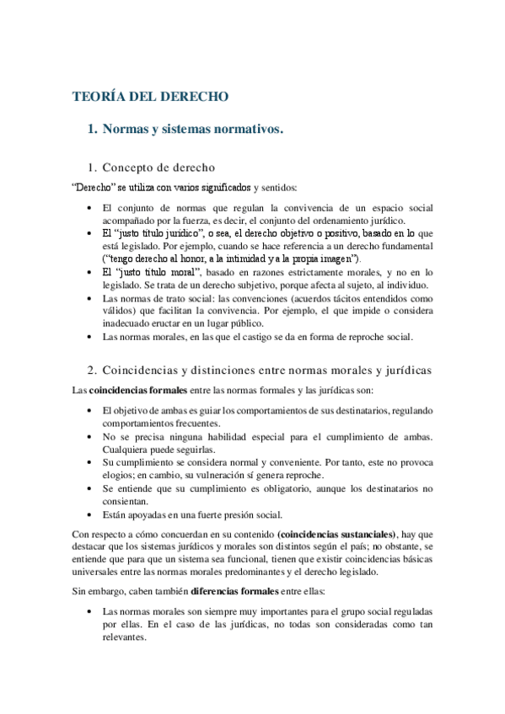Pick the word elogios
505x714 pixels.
pyautogui.click(x=120, y=475)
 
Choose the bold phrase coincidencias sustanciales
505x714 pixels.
pyautogui.click(x=333, y=535)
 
